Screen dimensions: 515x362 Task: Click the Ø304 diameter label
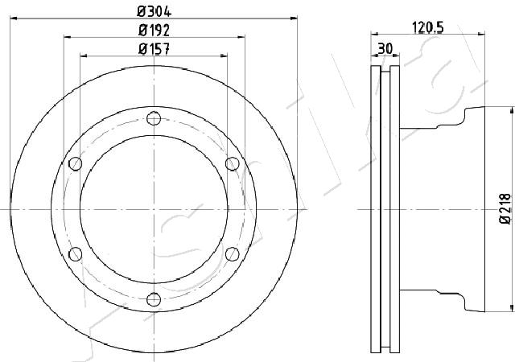154,12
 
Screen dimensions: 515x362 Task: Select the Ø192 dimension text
154,31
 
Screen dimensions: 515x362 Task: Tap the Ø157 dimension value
154,49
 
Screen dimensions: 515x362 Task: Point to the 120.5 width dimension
427,28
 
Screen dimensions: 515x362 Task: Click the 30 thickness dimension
385,49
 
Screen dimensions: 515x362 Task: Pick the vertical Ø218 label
505,209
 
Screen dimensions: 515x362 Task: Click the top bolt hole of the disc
154,118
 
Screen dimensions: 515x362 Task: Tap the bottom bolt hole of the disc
154,299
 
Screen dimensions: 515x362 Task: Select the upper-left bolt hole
76,163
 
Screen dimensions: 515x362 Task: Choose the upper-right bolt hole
233,163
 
